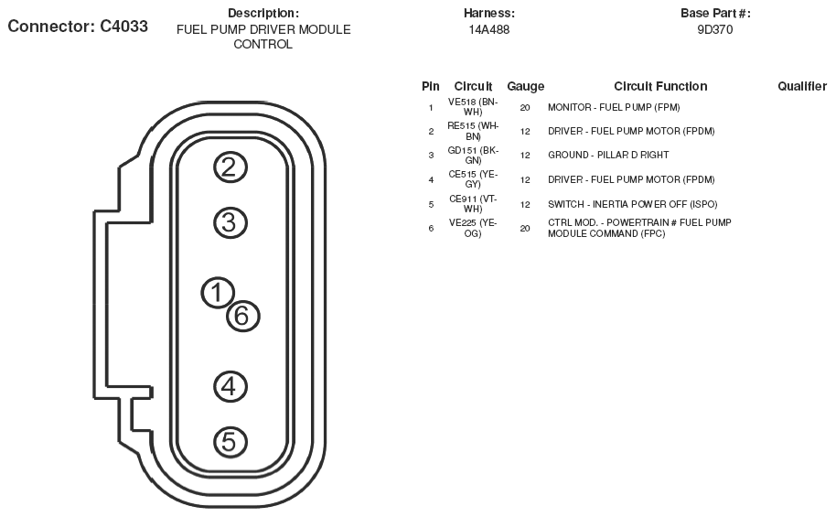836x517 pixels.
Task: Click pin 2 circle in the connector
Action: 230,167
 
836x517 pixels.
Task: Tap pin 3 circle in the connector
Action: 230,222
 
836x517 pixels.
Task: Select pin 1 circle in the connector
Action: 217,293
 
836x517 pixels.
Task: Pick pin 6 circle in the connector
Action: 242,316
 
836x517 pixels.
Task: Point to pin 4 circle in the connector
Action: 230,385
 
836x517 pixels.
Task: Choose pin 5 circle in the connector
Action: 230,442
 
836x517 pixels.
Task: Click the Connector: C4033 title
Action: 78,26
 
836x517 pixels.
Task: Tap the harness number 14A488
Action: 489,29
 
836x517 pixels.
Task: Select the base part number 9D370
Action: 715,29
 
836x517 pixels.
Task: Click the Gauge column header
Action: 525,86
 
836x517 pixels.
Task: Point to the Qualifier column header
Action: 802,86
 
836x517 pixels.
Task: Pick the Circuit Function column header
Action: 660,86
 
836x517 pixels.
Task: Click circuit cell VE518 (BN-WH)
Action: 473,106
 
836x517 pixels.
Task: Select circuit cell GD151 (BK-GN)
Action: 473,155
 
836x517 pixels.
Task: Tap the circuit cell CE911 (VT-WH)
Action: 473,203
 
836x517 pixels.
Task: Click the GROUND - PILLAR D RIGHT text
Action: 608,156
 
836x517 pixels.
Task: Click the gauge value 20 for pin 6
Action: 525,229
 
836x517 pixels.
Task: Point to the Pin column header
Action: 431,86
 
